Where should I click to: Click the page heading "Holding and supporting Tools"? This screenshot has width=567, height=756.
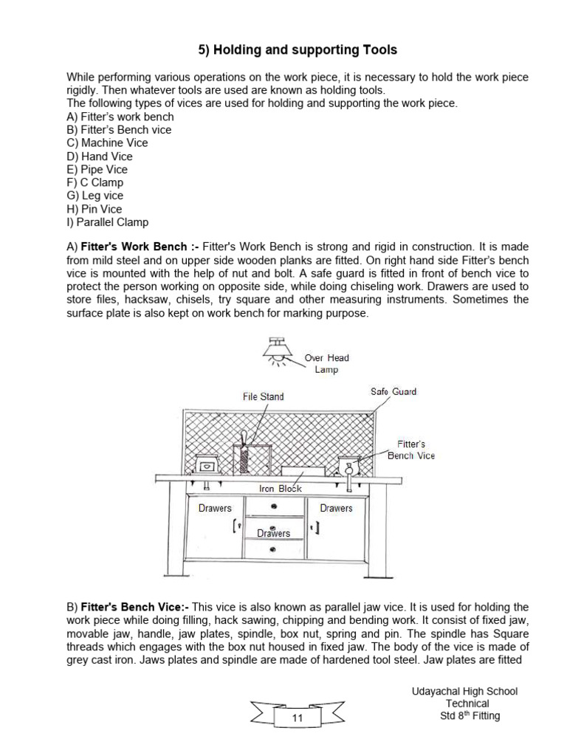click(x=298, y=50)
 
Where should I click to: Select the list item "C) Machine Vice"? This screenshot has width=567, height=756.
click(x=107, y=143)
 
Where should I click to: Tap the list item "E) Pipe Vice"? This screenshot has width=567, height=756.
click(x=97, y=169)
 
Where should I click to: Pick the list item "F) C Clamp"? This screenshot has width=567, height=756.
click(x=94, y=182)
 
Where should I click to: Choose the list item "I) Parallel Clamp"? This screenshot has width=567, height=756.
click(x=107, y=222)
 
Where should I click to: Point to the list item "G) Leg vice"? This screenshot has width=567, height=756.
click(x=94, y=196)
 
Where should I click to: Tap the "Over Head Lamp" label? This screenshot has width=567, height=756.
click(x=326, y=363)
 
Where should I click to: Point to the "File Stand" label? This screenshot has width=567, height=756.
click(x=263, y=396)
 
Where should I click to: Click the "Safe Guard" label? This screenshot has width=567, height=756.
click(x=393, y=391)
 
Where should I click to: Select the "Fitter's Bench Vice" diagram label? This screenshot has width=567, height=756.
click(x=411, y=450)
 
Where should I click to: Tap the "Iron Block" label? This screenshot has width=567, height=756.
click(x=280, y=489)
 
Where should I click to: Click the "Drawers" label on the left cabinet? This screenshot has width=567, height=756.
click(x=215, y=508)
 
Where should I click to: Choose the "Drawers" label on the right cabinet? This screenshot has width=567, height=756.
click(x=336, y=508)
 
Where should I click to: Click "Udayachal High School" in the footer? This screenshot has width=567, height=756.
click(x=464, y=691)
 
